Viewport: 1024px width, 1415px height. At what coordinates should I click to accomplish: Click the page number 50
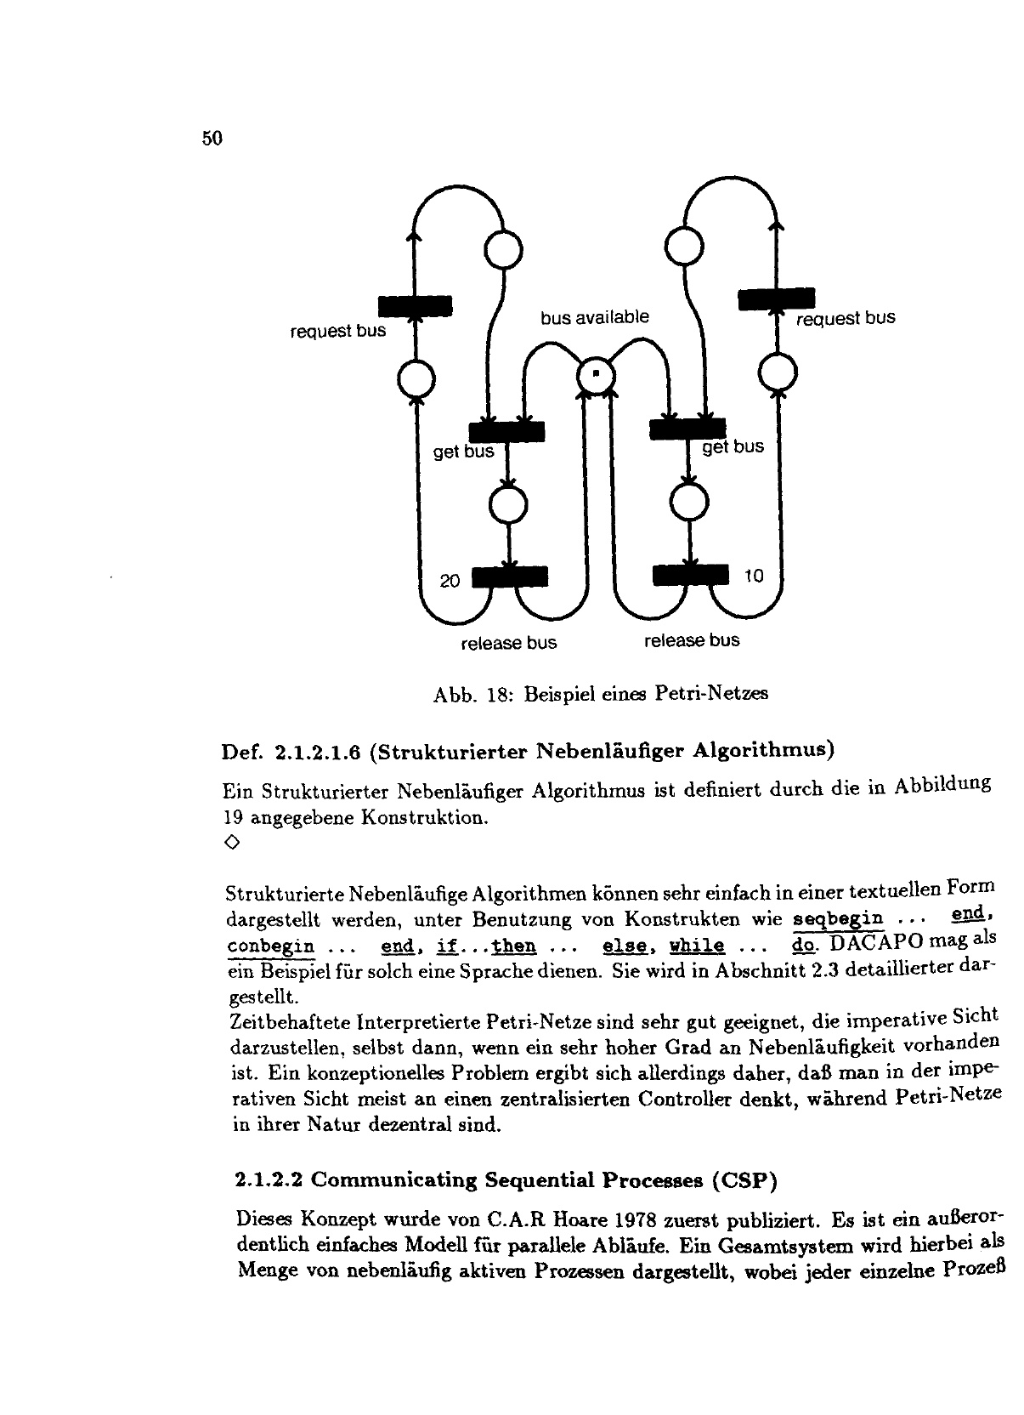pos(212,139)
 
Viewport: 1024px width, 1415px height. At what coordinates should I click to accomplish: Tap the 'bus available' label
pos(594,318)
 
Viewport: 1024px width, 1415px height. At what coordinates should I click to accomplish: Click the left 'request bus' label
pos(337,331)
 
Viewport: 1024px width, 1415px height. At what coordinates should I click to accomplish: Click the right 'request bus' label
pos(846,319)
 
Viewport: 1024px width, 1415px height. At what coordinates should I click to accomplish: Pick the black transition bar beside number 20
pos(509,577)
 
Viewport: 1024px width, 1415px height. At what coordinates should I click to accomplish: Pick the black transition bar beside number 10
pos(691,576)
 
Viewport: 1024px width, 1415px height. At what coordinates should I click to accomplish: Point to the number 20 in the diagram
pos(450,582)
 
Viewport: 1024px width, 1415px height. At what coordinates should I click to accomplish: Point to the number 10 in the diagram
pos(754,577)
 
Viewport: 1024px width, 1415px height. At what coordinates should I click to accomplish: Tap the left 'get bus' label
pos(463,452)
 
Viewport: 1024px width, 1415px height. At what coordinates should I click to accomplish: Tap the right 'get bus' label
pos(733,447)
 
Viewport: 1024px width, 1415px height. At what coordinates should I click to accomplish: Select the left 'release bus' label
pos(508,644)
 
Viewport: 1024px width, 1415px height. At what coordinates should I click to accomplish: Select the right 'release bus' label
pos(692,640)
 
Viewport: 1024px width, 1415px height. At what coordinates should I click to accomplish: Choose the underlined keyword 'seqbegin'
pos(838,920)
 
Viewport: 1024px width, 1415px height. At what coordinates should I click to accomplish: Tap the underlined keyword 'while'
pos(697,946)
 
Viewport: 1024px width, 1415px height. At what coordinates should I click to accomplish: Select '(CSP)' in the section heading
pos(745,1180)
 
